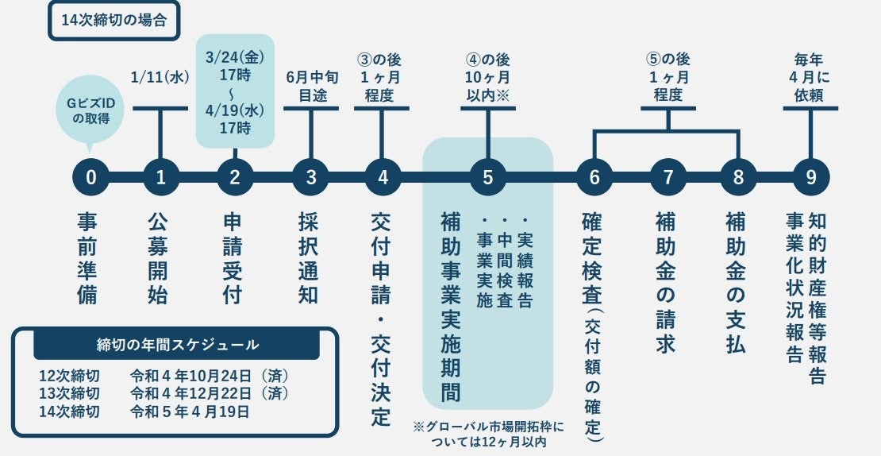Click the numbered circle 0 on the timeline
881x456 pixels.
click(90, 177)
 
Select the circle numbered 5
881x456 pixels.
click(487, 177)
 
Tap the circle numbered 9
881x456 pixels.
click(811, 177)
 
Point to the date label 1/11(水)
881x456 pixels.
click(160, 76)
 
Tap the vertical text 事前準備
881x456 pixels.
click(89, 258)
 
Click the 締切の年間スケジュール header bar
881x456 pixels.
click(176, 345)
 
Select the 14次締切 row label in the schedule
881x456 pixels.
click(70, 412)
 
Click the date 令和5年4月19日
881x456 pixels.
click(190, 412)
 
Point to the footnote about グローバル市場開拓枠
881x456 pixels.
click(487, 434)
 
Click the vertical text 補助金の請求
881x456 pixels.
click(667, 282)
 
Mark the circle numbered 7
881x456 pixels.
click(667, 177)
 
